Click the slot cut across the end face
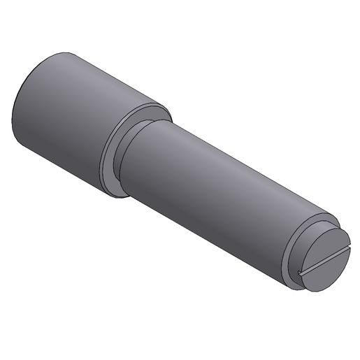tap(322, 259)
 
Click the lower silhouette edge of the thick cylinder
tap(63, 168)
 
